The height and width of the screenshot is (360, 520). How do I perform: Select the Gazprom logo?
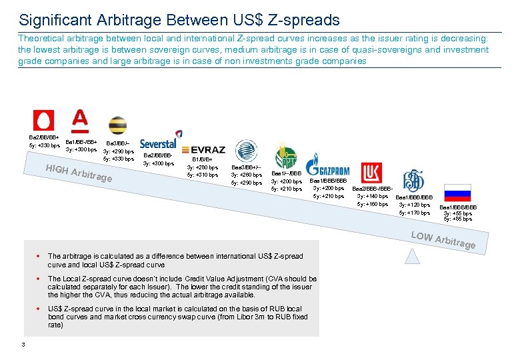(327, 167)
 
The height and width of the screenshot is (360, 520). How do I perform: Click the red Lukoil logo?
(371, 173)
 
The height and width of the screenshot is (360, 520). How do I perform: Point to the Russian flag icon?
(457, 191)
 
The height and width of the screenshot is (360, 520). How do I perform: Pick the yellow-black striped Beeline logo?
(118, 125)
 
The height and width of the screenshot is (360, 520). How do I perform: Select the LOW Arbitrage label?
(443, 241)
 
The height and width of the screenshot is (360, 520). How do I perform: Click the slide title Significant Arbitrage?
(179, 20)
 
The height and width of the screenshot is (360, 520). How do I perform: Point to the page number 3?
(23, 344)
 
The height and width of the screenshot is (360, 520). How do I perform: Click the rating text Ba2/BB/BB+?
(43, 137)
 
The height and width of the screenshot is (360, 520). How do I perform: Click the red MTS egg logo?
(44, 121)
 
